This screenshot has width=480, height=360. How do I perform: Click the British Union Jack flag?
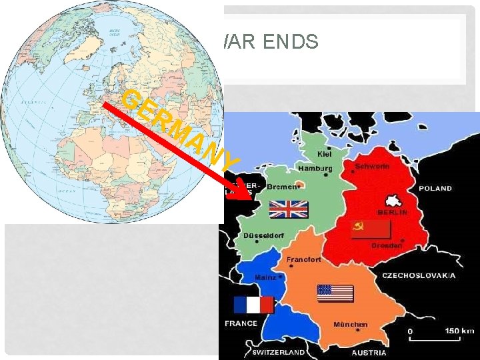click(288, 209)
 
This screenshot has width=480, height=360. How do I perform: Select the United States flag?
click(335, 294)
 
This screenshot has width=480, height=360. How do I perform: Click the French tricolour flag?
click(253, 305)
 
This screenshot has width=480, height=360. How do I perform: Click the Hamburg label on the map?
click(315, 169)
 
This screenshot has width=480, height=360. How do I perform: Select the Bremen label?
click(283, 187)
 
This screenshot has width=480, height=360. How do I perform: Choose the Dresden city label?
click(387, 245)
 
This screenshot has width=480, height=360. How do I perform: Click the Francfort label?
click(303, 259)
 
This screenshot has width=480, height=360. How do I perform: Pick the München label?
click(350, 324)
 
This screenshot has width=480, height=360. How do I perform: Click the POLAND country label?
click(435, 189)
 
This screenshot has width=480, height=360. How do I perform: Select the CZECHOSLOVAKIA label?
click(419, 275)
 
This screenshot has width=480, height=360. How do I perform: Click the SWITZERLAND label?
click(279, 352)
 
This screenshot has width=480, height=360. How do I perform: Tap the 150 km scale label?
click(459, 330)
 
